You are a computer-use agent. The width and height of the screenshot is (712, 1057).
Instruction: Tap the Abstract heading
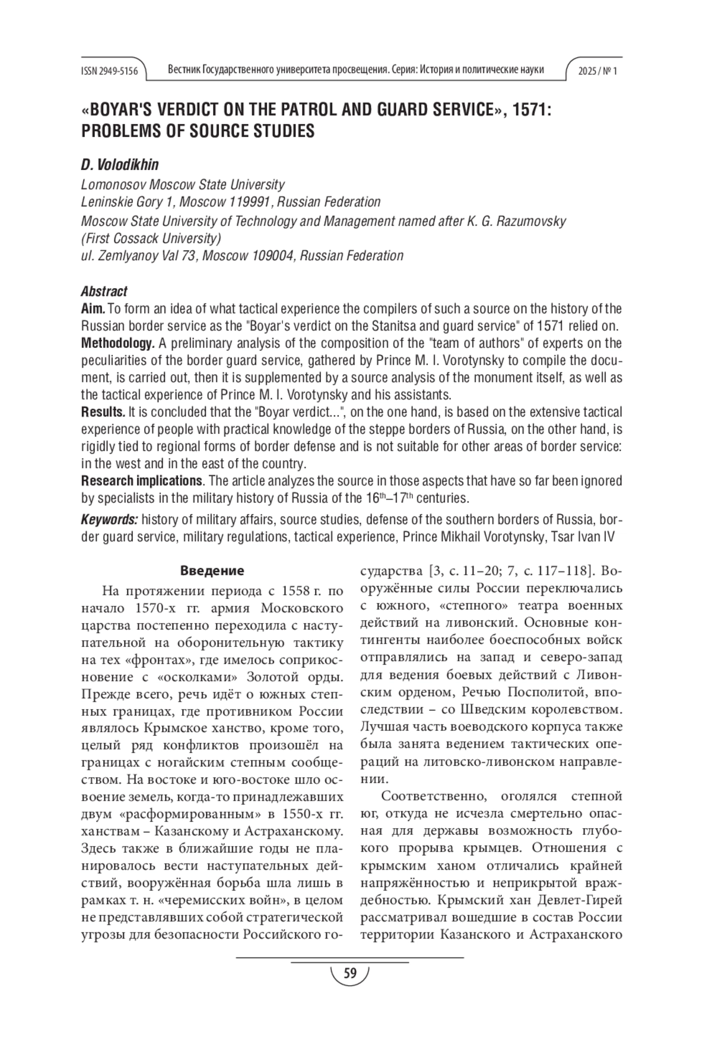pyautogui.click(x=104, y=291)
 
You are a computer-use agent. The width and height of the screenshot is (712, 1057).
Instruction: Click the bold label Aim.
pyautogui.click(x=93, y=309)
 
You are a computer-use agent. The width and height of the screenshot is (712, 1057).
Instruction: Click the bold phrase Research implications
pyautogui.click(x=141, y=481)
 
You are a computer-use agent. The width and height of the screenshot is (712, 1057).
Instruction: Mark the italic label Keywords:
pyautogui.click(x=109, y=520)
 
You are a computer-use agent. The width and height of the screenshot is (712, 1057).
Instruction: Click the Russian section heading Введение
pyautogui.click(x=212, y=571)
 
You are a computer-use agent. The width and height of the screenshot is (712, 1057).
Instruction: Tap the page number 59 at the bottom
pyautogui.click(x=350, y=973)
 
